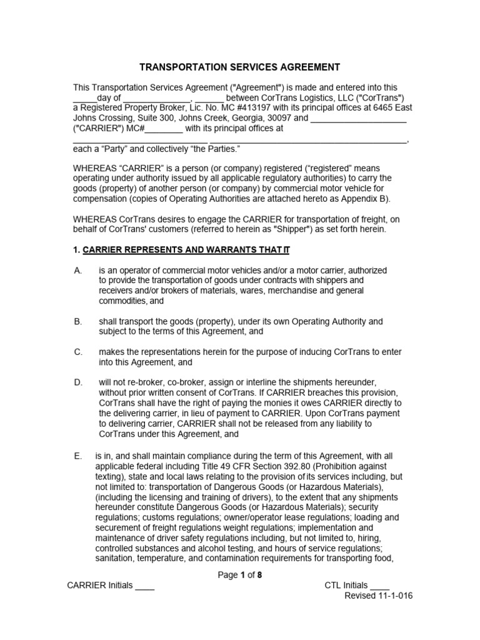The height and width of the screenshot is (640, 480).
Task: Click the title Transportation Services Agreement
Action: (x=239, y=67)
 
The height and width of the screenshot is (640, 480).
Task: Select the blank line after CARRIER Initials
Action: (x=145, y=586)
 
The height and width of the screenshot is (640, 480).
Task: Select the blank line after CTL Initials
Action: (x=379, y=586)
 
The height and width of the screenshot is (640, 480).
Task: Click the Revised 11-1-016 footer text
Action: (x=379, y=596)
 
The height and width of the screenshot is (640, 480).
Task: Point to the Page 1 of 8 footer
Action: (x=239, y=576)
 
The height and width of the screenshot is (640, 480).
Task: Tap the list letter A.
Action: (x=77, y=270)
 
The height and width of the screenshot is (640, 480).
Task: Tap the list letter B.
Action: (x=77, y=321)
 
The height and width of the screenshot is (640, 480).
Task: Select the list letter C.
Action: (x=77, y=352)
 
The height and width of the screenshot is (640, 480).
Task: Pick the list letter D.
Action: (x=77, y=382)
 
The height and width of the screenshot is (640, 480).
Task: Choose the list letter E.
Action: (x=77, y=456)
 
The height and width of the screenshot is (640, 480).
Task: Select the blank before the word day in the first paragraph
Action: (x=85, y=98)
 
